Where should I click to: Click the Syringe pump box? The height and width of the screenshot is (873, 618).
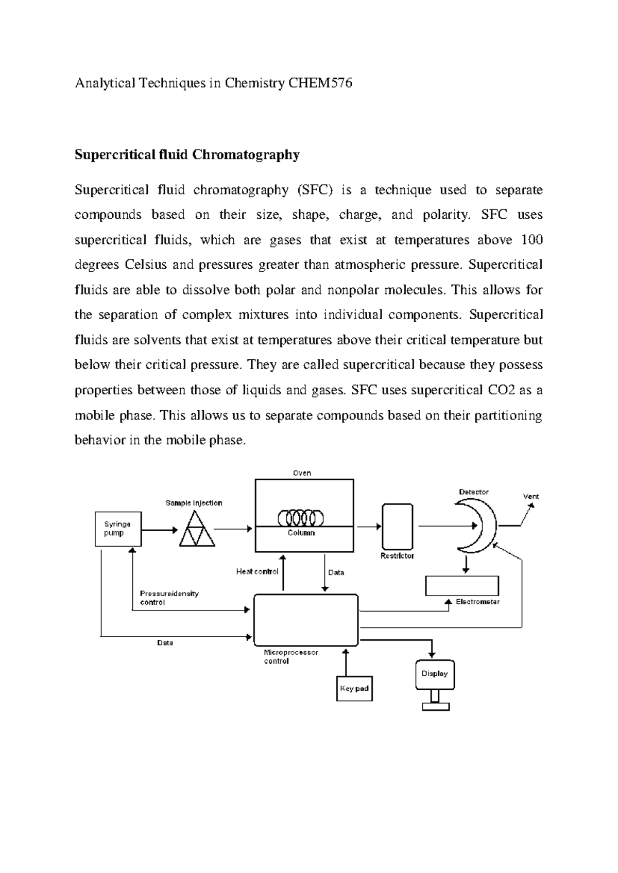(x=118, y=529)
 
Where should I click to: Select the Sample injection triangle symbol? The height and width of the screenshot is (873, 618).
(x=197, y=530)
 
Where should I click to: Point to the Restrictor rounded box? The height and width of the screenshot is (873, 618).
(x=397, y=527)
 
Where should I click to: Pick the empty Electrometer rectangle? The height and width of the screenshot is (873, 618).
(x=462, y=586)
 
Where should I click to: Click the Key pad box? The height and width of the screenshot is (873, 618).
(x=354, y=689)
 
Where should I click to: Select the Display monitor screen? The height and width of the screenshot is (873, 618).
(x=435, y=674)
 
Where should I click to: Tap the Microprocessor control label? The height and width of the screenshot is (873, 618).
(x=291, y=656)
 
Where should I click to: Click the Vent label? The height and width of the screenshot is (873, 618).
(x=531, y=496)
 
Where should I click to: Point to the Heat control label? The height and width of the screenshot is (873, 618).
(x=257, y=571)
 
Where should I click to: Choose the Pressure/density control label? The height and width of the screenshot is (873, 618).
(x=169, y=598)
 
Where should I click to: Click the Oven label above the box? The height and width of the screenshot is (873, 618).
(x=302, y=473)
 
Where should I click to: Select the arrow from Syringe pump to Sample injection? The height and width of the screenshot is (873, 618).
(x=159, y=530)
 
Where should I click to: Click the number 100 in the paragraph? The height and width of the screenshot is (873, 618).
(x=532, y=240)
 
